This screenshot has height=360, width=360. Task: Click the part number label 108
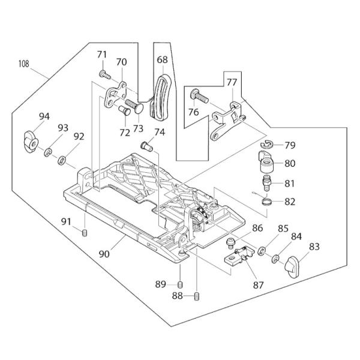tap(24, 64)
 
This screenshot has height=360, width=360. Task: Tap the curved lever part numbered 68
tap(160, 97)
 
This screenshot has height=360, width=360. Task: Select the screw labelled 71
tap(104, 74)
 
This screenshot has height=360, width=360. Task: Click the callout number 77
tap(232, 82)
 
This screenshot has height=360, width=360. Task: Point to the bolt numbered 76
tap(199, 96)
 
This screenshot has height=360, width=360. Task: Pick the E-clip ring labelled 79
tap(266, 145)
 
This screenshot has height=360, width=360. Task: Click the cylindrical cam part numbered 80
tap(266, 162)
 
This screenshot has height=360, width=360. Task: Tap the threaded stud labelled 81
tap(266, 183)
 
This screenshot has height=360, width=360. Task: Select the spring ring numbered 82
tap(267, 202)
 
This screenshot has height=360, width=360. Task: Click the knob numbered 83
tap(292, 267)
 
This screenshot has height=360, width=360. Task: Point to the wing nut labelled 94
tap(31, 142)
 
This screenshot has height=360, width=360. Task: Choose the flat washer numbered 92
tap(62, 161)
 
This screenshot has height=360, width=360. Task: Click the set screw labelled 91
tap(85, 233)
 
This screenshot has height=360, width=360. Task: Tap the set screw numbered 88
tap(197, 296)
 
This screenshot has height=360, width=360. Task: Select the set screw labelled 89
tap(181, 285)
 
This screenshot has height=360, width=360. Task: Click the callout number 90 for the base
tap(104, 254)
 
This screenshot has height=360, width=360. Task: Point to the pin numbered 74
tap(146, 147)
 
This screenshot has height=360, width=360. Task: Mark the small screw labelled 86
tap(230, 244)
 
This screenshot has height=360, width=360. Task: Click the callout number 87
tap(258, 285)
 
